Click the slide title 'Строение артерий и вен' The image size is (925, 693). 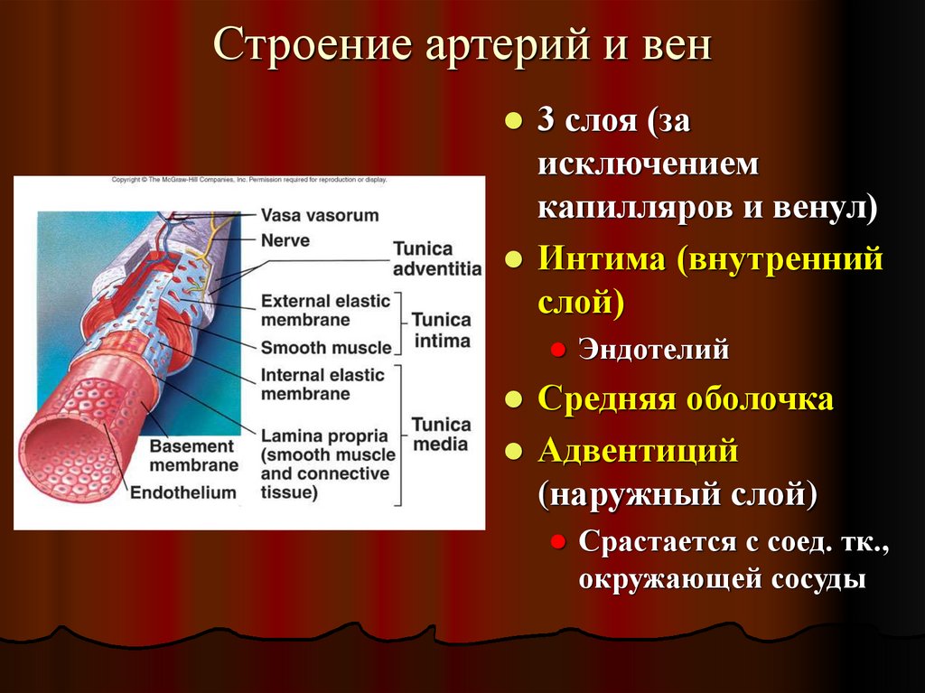coord(462,45)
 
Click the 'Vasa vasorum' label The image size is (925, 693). coord(320,216)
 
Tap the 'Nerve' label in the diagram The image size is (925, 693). coord(285,240)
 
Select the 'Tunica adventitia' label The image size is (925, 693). coord(436,258)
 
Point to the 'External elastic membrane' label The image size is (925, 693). coord(325,310)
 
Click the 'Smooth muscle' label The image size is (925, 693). coord(326,347)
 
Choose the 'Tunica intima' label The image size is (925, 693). coord(441,330)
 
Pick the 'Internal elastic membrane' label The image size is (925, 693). coord(322,384)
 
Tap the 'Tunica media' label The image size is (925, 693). coord(441,434)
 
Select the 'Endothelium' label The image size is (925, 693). coord(183,493)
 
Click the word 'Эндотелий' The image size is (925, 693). coord(653,348)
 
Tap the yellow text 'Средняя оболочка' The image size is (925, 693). coord(685,398)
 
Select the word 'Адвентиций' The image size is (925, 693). coord(638,450)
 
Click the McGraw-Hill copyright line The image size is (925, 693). coord(248,180)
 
